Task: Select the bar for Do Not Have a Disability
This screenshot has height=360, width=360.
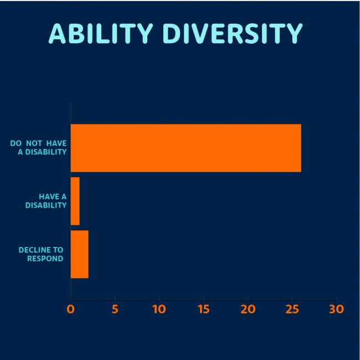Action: [x=186, y=148]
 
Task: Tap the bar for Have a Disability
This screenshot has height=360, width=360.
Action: [x=75, y=201]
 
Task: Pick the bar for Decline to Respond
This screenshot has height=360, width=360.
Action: [x=79, y=254]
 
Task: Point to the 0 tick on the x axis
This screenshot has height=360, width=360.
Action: [x=70, y=309]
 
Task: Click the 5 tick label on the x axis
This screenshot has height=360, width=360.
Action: [x=115, y=309]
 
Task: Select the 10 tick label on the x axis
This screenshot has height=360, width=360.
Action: [x=159, y=309]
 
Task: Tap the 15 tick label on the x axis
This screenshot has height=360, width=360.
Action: [x=203, y=309]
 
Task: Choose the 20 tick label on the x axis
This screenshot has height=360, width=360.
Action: [x=248, y=309]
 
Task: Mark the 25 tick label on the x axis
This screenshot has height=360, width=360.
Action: [x=292, y=309]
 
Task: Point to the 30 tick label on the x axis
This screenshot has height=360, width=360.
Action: [x=336, y=309]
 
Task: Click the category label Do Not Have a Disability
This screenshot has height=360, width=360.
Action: [x=38, y=148]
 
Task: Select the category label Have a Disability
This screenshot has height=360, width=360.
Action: [x=46, y=200]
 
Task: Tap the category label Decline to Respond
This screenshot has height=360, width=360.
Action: [x=41, y=254]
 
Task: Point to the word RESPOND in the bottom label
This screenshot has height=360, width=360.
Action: [x=45, y=259]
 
